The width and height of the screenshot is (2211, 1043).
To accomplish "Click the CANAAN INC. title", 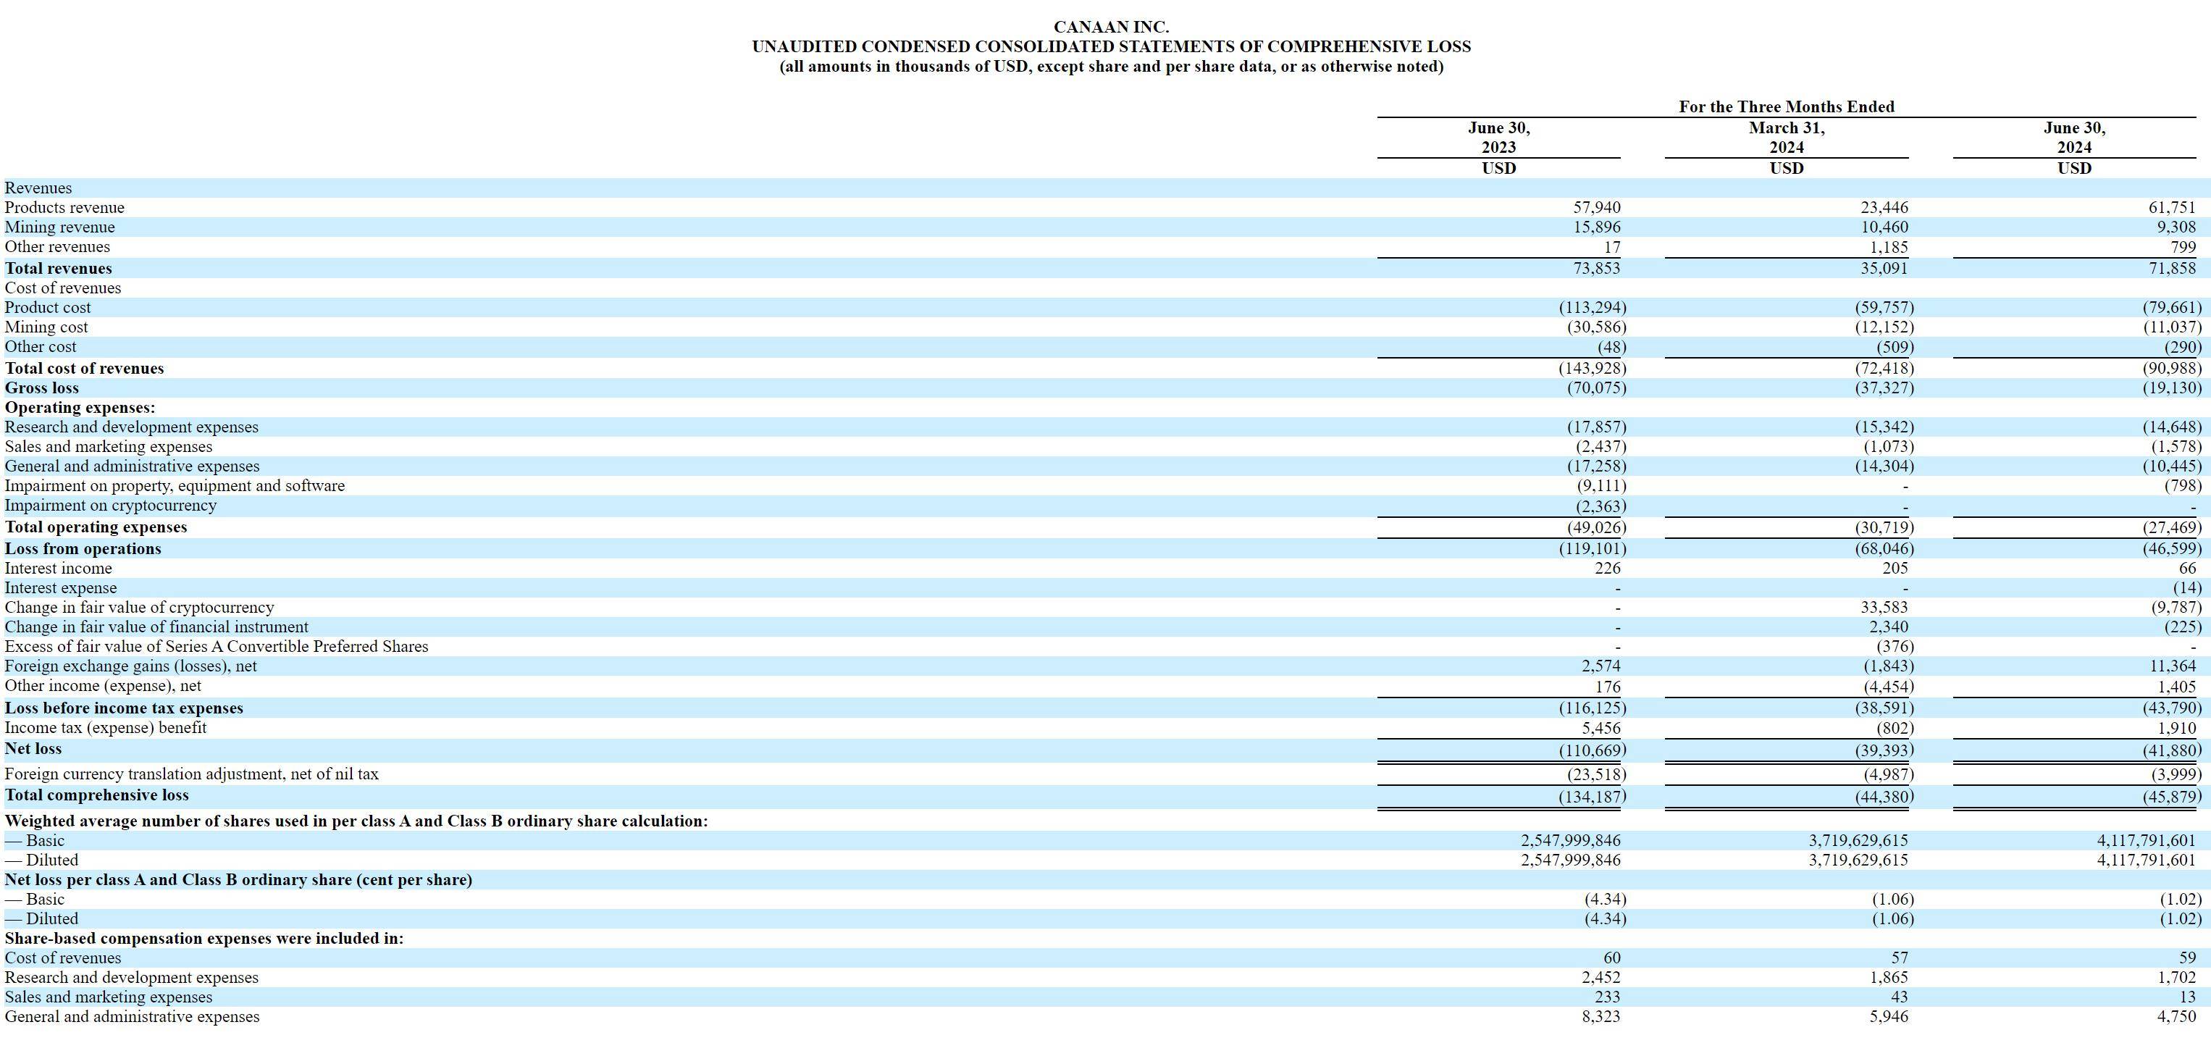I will [1111, 28].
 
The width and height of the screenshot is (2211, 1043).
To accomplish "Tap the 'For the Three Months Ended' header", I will [1786, 106].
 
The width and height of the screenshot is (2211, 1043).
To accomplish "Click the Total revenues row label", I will [59, 268].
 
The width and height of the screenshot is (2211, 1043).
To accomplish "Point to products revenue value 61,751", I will [2170, 207].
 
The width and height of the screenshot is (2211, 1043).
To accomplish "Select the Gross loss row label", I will [41, 388].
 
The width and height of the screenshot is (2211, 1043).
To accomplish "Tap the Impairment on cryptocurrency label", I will [111, 505].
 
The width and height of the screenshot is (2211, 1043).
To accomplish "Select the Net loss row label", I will [33, 748].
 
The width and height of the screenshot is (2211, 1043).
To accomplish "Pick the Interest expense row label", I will [61, 587].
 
